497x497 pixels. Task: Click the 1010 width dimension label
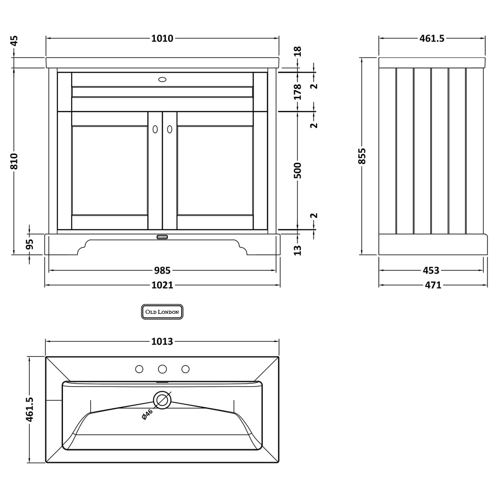click(162, 39)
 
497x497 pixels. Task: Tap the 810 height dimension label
click(14, 162)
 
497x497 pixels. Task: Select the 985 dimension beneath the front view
click(162, 270)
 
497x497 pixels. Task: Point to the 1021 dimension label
click(162, 285)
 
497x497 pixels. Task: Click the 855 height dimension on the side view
click(362, 156)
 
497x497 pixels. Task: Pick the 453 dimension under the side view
click(431, 270)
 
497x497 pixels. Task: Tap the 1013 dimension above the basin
click(162, 341)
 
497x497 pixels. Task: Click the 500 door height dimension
click(298, 171)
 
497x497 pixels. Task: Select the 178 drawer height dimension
click(298, 92)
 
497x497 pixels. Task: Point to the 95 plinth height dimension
click(30, 244)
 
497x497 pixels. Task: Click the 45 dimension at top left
click(14, 41)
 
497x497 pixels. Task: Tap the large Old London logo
click(162, 312)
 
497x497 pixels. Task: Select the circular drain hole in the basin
click(162, 400)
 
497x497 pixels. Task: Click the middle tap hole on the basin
click(162, 369)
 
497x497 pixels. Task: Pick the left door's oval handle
click(155, 129)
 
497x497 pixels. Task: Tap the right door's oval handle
click(170, 129)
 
